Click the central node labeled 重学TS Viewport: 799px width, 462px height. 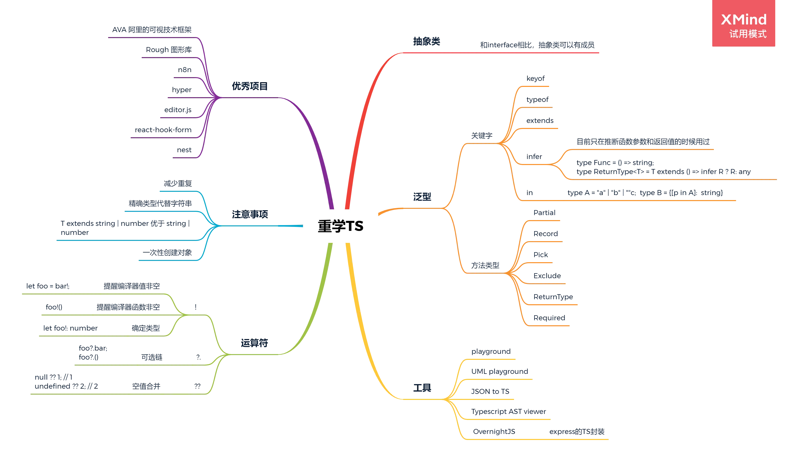(x=340, y=226)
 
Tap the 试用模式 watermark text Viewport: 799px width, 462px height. (x=748, y=34)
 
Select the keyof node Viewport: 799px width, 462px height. (x=536, y=78)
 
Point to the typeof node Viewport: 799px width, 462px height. (x=537, y=100)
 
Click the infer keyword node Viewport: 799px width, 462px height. (x=534, y=156)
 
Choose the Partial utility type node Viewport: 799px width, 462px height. (x=544, y=212)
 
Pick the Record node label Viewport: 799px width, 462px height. (x=545, y=234)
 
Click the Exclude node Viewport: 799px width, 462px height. (x=547, y=275)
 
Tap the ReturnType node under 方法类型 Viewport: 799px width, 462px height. (x=553, y=297)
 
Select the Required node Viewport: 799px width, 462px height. (x=549, y=318)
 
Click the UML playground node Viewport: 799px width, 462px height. (x=499, y=371)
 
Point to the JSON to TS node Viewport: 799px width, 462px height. (x=491, y=392)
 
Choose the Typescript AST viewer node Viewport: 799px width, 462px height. (x=509, y=412)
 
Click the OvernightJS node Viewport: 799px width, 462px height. (x=494, y=431)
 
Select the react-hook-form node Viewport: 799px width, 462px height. (x=163, y=129)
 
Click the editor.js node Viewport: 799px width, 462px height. (x=178, y=110)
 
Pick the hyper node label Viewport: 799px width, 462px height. (x=182, y=90)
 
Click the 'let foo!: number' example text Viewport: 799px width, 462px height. (x=70, y=328)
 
